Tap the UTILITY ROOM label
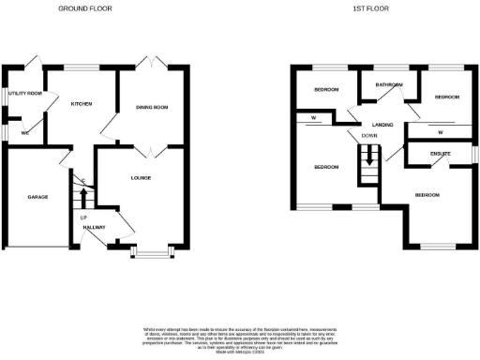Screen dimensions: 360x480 click(24, 94)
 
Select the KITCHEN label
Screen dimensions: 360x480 click(82, 103)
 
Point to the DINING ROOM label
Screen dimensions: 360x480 click(152, 108)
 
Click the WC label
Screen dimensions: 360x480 click(25, 134)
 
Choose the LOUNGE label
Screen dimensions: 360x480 click(141, 177)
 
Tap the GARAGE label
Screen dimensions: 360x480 click(37, 197)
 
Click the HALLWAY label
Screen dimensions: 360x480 click(94, 228)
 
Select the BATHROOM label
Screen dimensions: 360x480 click(388, 85)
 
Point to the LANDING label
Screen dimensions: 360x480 click(382, 124)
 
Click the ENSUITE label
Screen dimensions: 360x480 click(441, 153)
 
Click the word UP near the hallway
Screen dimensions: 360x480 click(82, 217)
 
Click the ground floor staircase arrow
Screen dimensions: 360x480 click(82, 198)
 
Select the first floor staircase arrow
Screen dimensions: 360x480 click(369, 157)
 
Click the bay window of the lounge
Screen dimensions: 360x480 click(148, 252)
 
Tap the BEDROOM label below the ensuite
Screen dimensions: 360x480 click(427, 194)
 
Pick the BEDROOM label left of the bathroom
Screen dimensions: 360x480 click(325, 91)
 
